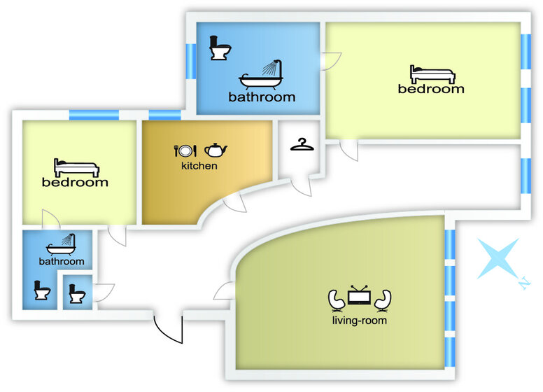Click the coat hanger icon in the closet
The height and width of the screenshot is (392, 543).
click(x=301, y=144)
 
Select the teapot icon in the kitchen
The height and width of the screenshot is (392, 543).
click(x=216, y=150)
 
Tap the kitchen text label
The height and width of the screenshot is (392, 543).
click(x=199, y=167)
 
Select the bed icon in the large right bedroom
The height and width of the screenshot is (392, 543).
click(x=431, y=73)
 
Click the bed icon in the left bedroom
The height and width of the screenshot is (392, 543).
click(x=76, y=167)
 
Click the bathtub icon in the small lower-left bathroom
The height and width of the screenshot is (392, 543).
click(x=61, y=244)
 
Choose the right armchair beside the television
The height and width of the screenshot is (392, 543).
click(x=383, y=300)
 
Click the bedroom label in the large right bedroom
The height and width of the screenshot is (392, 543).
click(x=431, y=89)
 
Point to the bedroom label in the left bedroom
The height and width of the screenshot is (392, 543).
click(x=76, y=183)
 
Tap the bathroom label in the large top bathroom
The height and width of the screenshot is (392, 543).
click(x=262, y=97)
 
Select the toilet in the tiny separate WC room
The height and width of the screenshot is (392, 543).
click(x=76, y=294)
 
